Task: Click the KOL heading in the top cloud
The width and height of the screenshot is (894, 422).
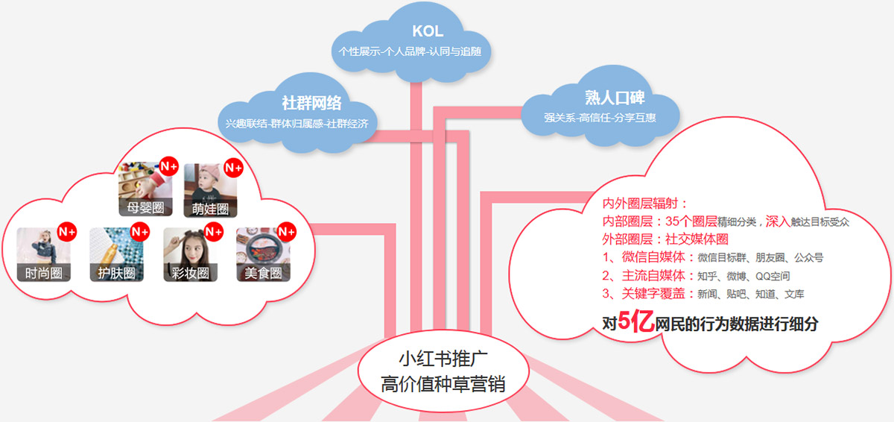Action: click(428, 31)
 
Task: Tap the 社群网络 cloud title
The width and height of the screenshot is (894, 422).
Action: click(311, 103)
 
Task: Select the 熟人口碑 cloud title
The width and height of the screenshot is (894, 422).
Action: click(615, 98)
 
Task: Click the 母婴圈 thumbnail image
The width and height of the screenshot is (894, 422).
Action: click(146, 189)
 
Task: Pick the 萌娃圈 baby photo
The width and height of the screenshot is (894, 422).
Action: click(210, 190)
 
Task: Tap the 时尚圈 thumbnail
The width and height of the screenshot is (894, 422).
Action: click(43, 255)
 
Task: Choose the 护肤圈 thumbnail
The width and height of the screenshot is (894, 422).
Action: click(116, 255)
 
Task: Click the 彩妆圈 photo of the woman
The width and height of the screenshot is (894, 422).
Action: click(191, 255)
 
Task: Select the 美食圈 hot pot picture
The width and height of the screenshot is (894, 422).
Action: click(264, 255)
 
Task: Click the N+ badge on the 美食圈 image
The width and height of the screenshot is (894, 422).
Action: click(287, 232)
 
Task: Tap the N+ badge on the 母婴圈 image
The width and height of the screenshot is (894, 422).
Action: click(169, 166)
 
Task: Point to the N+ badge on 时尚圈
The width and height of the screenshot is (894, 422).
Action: click(66, 232)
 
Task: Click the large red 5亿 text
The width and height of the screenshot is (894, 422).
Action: click(636, 321)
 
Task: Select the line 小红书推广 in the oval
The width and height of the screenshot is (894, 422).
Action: click(443, 359)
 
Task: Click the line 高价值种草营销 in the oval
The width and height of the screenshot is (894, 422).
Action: click(443, 384)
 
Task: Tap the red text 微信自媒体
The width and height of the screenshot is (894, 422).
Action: click(653, 256)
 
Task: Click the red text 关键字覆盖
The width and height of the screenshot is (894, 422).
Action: click(653, 294)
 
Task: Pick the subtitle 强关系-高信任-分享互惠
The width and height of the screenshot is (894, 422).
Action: click(600, 118)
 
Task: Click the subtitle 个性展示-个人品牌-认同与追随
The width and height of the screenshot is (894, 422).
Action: click(410, 51)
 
